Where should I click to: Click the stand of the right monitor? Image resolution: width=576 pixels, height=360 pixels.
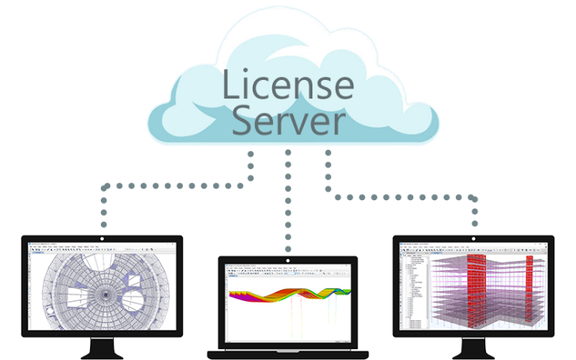pyautogui.click(x=474, y=348)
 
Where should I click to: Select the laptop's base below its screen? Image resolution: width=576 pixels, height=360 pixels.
pyautogui.click(x=288, y=353)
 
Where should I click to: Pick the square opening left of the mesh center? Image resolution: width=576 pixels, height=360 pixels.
pyautogui.click(x=74, y=296)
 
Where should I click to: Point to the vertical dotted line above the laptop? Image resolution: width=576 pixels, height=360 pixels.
pyautogui.click(x=288, y=202)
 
